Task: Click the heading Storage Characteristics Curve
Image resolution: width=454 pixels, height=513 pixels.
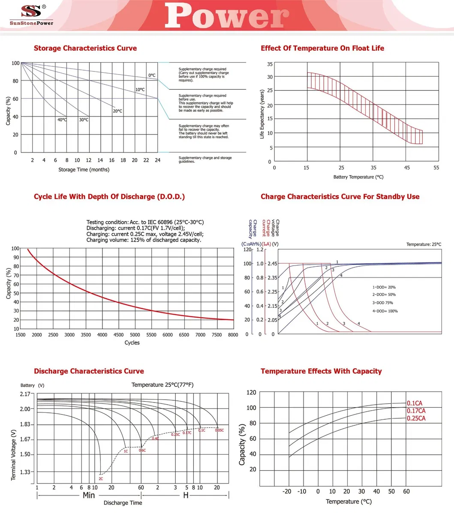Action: coord(85,48)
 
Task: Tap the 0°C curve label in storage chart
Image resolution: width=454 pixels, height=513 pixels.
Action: coord(152,75)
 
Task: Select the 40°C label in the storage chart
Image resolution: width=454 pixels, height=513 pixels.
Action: coord(62,120)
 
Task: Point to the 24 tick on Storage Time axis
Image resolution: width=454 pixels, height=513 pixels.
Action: coord(157,160)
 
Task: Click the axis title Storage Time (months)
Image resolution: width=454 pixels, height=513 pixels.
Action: coord(84,170)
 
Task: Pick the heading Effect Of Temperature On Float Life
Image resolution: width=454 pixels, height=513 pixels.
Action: coord(322,48)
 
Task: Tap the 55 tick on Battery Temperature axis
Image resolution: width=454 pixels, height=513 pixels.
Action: coord(436,168)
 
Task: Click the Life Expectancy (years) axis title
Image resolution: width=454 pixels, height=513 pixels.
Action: coord(262,113)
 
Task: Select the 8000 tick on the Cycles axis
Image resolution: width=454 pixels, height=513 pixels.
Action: coord(233,335)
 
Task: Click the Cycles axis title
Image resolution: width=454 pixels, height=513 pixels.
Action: coord(132,343)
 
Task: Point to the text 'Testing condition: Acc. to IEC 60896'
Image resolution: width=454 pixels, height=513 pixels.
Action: coord(145,222)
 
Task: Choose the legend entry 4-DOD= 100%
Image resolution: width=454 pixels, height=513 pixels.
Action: coord(385,311)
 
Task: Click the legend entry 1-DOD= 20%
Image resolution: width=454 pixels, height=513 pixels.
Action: coord(384,287)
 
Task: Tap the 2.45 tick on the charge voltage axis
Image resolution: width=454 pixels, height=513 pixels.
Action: coord(273,263)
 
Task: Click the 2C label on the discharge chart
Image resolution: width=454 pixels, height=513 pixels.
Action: coord(101,478)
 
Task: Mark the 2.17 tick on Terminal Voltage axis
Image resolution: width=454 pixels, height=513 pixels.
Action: coord(25,394)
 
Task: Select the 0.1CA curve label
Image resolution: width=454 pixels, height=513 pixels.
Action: coord(415,403)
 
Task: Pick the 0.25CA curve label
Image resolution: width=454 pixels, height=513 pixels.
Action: coord(416,418)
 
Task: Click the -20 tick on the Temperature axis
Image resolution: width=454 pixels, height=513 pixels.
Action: coord(287,491)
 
